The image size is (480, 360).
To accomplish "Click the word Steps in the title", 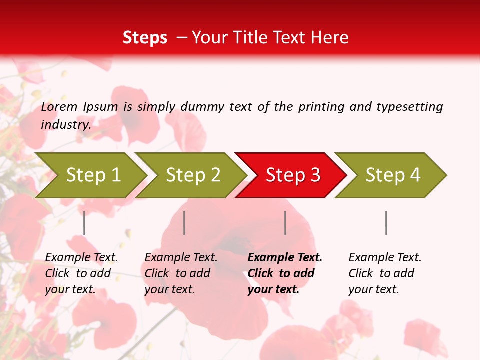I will coord(145,38).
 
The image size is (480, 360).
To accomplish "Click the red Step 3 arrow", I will coord(293,175).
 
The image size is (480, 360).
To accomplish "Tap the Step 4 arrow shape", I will coord(393,175).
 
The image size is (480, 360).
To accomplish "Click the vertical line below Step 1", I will coord(84,223).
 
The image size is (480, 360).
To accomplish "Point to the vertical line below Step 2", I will coord(184,223).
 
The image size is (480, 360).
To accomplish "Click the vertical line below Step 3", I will coord(285,223).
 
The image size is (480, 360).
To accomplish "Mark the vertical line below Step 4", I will coord(386,223).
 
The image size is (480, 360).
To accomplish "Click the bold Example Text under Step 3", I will coord(285,258).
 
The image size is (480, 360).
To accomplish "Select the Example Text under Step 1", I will coord(81,258).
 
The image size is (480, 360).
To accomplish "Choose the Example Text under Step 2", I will coord(181,258).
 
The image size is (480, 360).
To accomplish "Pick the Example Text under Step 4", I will coord(385,258).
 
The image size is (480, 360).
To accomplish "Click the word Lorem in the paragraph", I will coord(59,106).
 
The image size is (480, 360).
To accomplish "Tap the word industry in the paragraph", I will coord(65,125).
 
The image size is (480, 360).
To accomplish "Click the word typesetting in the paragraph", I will coord(409,107).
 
